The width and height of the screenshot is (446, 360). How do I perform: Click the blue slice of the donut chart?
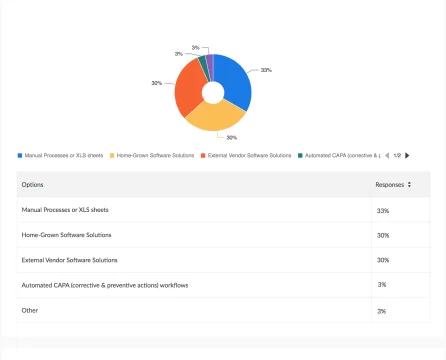[234, 79]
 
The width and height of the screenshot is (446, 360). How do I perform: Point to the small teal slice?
[202, 65]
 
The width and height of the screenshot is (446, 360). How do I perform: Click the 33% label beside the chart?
[266, 70]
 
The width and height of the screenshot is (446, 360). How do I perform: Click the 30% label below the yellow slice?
[231, 137]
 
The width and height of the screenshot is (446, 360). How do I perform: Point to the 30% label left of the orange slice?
[157, 83]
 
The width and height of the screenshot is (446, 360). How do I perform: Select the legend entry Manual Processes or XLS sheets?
[63, 155]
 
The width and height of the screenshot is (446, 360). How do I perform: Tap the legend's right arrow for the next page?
[407, 155]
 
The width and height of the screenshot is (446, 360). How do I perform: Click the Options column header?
[33, 184]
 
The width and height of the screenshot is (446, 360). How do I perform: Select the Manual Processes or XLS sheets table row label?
[65, 210]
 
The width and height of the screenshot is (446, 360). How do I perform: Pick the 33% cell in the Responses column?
[383, 210]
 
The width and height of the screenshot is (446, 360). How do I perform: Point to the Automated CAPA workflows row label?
[105, 285]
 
